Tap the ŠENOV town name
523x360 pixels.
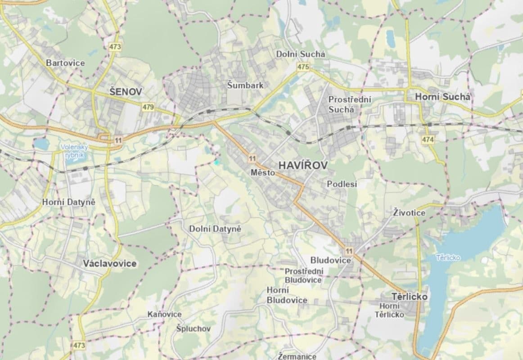pos(126,92)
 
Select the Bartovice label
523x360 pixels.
pos(65,63)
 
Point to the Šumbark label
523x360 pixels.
pos(245,85)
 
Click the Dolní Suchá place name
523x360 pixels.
pos(300,54)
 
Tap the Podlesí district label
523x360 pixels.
pos(342,184)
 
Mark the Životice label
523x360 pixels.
pos(409,212)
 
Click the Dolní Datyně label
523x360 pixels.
pos(215,229)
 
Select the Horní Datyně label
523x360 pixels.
pos(69,202)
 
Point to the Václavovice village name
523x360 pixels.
pos(110,263)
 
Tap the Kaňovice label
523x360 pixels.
pos(165,314)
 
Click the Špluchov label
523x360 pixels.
pos(194,328)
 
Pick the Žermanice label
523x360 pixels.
pos(297,356)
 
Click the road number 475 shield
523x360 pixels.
pos(303,67)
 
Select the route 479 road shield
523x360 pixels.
pos(148,107)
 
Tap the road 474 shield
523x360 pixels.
pos(428,140)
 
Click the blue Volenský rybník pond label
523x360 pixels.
pos(72,151)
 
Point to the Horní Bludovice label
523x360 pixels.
pos(287,295)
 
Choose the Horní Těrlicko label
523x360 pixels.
pos(389,310)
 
